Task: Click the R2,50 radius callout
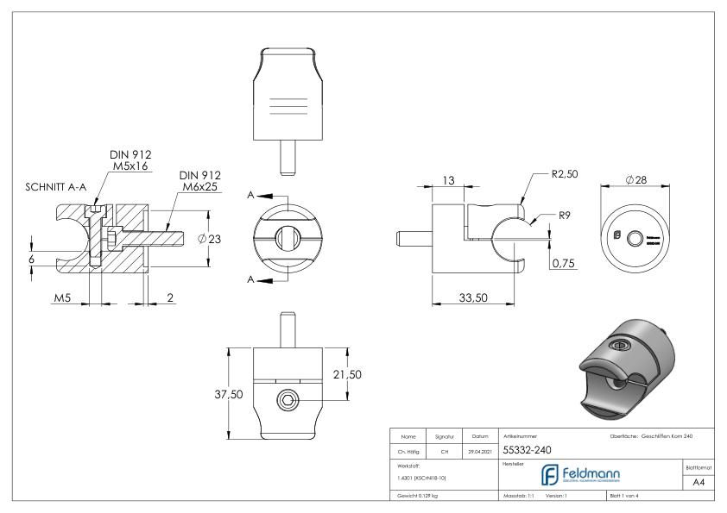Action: click(566, 174)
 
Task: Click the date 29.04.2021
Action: click(480, 450)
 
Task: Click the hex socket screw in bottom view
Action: click(288, 399)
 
